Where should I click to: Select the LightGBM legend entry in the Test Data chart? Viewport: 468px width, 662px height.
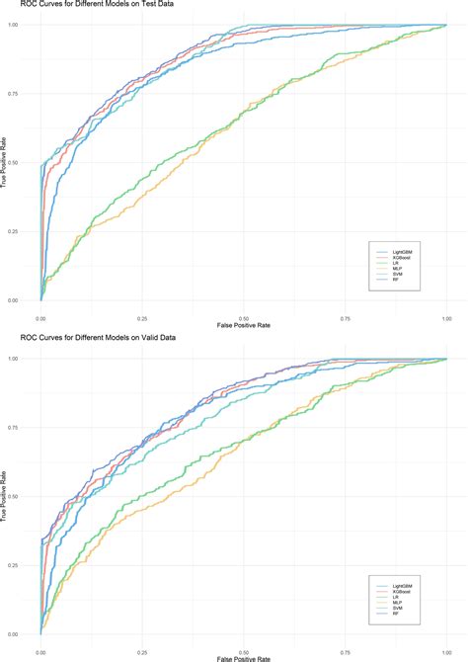click(x=389, y=252)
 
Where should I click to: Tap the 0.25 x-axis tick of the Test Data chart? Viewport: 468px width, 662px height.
click(x=142, y=320)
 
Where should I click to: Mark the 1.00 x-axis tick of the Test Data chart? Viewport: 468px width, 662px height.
click(x=446, y=320)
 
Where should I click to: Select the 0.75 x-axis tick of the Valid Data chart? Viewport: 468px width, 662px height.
click(x=345, y=653)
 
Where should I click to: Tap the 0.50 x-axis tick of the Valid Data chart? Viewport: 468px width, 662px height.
click(x=244, y=653)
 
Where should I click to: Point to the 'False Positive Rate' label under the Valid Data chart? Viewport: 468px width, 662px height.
click(x=244, y=660)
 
